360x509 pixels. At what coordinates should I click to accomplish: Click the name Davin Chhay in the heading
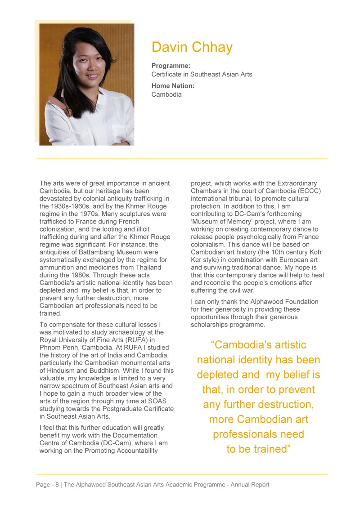pos(192,47)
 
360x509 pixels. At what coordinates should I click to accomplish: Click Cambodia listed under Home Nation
pos(166,94)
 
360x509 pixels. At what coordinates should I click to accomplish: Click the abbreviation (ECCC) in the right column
pos(309,191)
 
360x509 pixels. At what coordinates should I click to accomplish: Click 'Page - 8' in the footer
pos(47,485)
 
